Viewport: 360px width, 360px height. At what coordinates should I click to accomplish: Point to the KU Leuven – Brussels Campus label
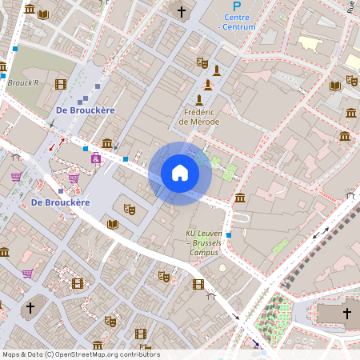click(x=206, y=242)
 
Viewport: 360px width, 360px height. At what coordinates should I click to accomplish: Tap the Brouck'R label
click(x=23, y=82)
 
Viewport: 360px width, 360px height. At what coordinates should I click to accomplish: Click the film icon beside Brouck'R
click(x=61, y=83)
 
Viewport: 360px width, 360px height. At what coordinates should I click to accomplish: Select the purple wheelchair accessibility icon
click(x=96, y=158)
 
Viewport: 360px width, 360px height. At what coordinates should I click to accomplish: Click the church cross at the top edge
click(x=182, y=11)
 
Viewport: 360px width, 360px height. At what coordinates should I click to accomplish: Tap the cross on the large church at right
click(x=346, y=313)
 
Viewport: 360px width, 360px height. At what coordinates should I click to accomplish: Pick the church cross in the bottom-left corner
click(x=30, y=307)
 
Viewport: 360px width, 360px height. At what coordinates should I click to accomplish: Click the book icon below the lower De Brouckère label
click(x=112, y=224)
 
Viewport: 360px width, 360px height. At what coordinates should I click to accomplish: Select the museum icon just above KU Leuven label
click(x=240, y=198)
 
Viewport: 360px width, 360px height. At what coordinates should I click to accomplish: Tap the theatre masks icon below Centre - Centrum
click(x=202, y=62)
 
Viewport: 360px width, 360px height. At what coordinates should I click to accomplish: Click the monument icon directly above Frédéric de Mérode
click(x=198, y=100)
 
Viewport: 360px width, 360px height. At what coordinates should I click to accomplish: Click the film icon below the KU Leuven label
click(x=198, y=283)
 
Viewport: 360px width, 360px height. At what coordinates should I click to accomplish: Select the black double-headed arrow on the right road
click(x=320, y=234)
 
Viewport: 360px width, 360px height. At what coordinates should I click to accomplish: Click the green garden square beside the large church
click(x=279, y=316)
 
